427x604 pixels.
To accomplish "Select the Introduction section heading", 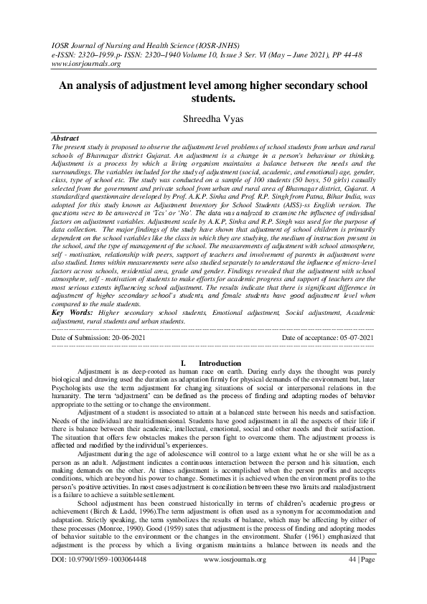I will (220, 364).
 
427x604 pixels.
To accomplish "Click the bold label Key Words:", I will (72, 313).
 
